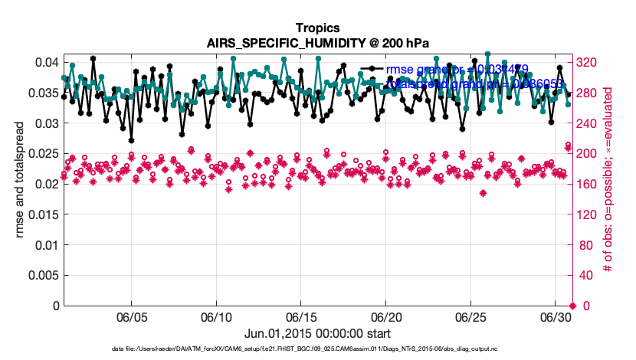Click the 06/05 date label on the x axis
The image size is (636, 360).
(x=131, y=316)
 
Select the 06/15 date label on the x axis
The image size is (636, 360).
(x=301, y=316)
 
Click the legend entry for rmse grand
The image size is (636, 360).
(x=457, y=70)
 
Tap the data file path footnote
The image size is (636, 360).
(x=318, y=349)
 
